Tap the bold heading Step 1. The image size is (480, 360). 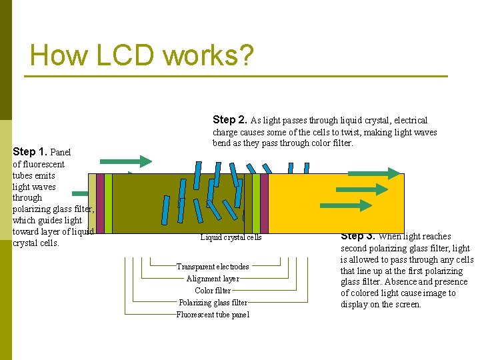[x=30, y=151]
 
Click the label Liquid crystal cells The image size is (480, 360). [x=231, y=237]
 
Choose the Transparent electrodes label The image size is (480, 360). [x=213, y=267]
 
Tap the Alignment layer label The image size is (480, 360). [x=213, y=279]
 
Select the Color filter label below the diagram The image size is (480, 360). [x=213, y=291]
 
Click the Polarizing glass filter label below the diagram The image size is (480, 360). [x=213, y=303]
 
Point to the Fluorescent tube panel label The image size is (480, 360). [x=213, y=315]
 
